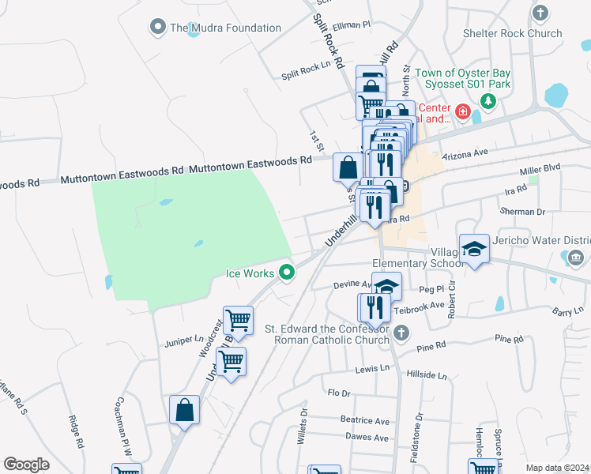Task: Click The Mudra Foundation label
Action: coord(225,28)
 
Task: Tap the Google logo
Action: coord(26,465)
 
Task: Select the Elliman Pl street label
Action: coord(352,25)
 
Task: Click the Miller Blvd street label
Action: coord(540,170)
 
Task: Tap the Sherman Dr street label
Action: coord(524,212)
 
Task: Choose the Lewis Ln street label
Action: coord(373,369)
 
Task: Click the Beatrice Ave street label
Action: coord(365,421)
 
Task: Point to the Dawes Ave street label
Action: coord(367,438)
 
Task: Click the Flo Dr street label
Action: coord(338,393)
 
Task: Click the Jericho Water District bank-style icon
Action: coord(574,258)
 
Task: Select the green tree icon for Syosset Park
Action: coord(489,101)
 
